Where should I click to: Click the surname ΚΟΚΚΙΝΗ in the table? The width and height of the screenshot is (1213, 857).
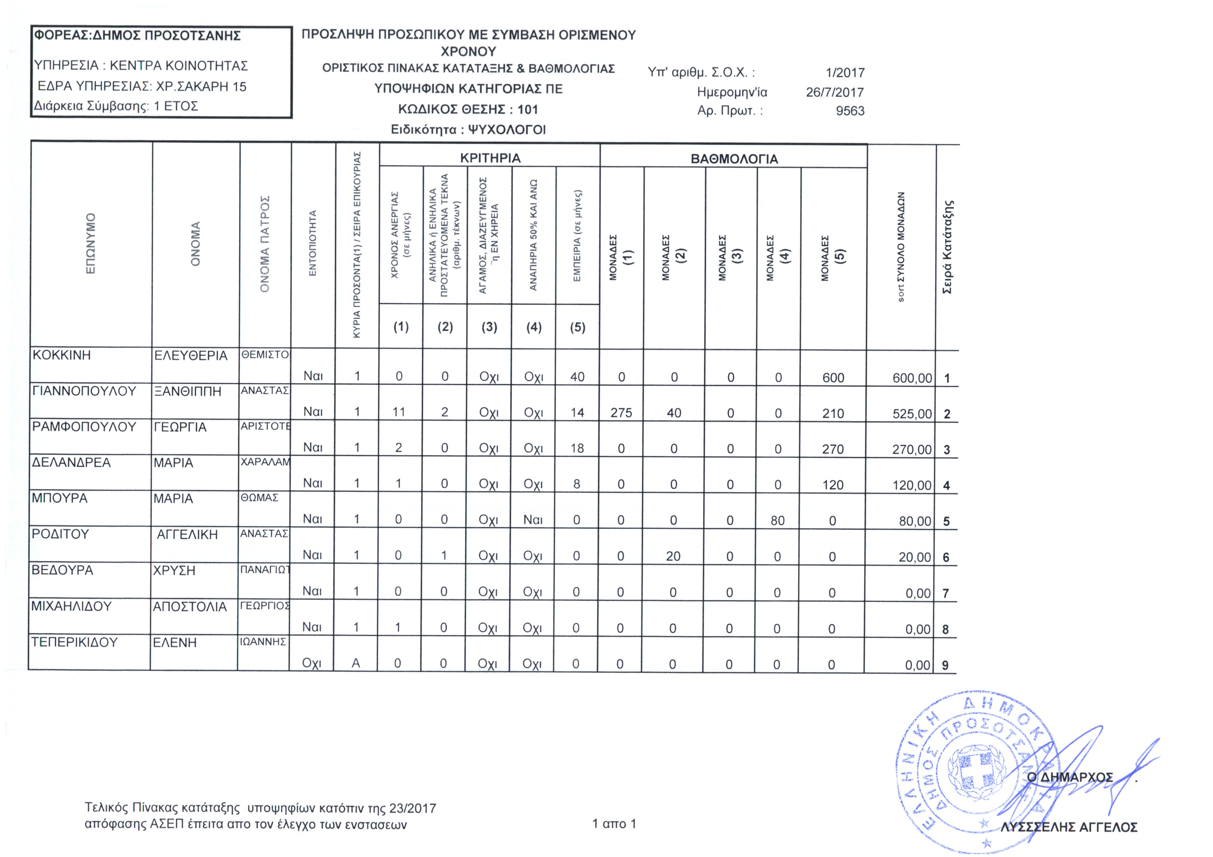point(62,355)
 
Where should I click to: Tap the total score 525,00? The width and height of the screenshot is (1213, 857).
point(912,414)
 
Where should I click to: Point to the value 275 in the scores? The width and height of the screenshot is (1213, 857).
point(621,413)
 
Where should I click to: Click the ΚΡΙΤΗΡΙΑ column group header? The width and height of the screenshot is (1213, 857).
point(490,158)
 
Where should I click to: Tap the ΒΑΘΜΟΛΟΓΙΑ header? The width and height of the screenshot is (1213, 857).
point(734,159)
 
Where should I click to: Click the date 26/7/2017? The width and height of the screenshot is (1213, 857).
point(834,92)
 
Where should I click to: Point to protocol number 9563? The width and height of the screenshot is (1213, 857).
point(850,111)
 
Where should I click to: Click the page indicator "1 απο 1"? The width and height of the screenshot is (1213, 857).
point(614,824)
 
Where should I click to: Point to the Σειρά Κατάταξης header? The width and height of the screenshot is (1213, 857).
point(948,247)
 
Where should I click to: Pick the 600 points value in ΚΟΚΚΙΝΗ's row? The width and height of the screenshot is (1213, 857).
point(833,378)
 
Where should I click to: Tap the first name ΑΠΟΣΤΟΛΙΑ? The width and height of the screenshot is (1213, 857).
point(190,607)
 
